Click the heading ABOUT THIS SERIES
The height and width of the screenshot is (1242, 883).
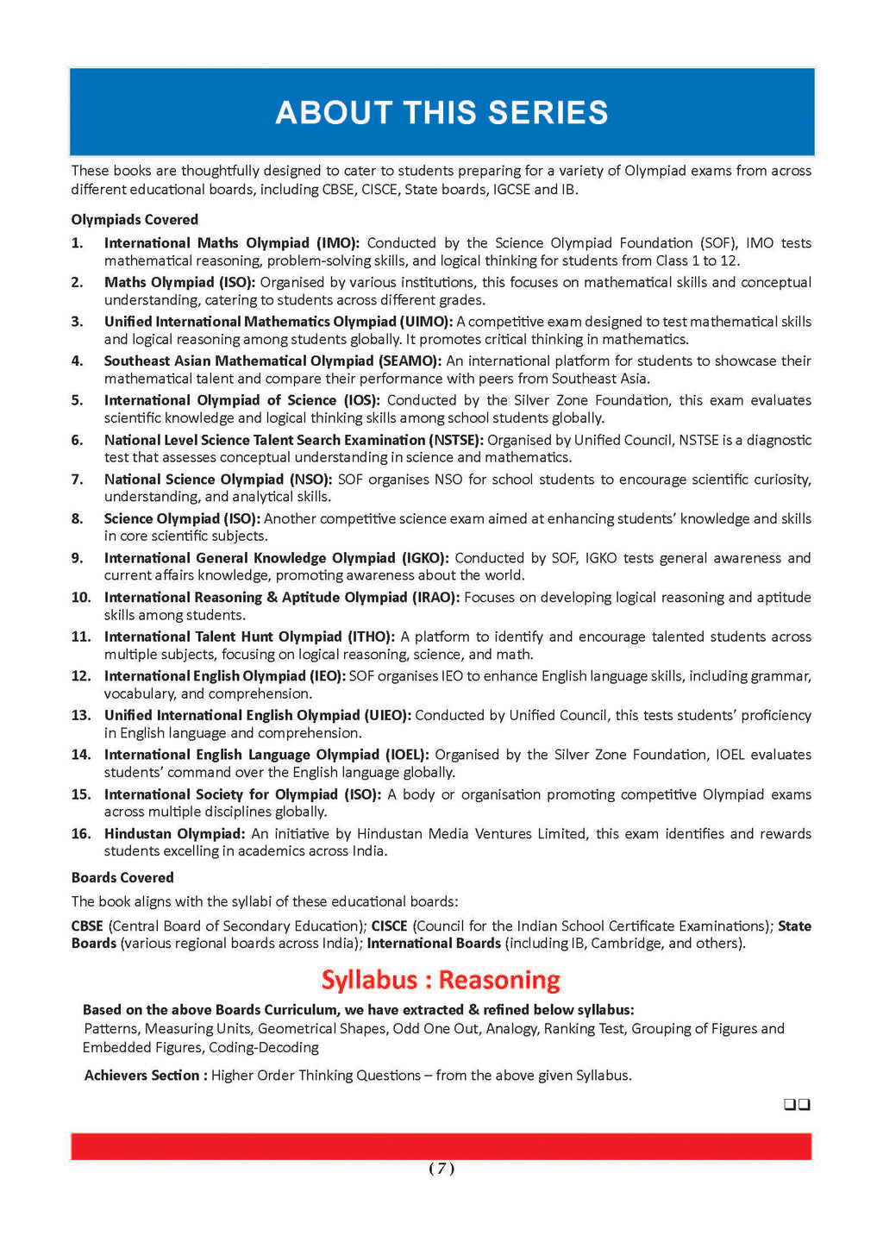point(441,113)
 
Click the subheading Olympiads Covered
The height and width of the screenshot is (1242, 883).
point(135,220)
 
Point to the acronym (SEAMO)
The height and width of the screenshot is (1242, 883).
point(410,361)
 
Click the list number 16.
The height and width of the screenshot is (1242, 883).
point(81,834)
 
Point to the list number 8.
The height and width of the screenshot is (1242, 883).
point(78,518)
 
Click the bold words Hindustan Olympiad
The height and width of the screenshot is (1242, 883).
point(174,834)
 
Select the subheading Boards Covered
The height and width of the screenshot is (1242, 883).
point(122,878)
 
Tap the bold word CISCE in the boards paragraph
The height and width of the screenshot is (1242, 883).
point(389,926)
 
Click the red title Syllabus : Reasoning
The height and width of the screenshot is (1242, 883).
point(441,981)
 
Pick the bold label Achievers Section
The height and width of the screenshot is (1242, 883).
point(145,1076)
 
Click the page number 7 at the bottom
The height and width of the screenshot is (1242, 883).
point(441,1169)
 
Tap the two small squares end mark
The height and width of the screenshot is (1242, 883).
point(797,1105)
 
